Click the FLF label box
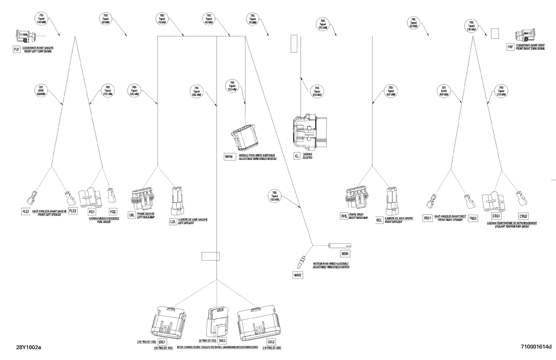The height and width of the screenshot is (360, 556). pyautogui.click(x=16, y=49)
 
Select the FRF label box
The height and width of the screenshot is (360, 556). pyautogui.click(x=510, y=47)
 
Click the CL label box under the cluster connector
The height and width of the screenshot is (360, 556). pyautogui.click(x=297, y=156)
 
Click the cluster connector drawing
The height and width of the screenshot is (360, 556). pyautogui.click(x=310, y=131)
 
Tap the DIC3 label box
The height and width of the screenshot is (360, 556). pyautogui.click(x=222, y=340)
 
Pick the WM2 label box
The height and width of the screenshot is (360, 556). pyautogui.click(x=298, y=275)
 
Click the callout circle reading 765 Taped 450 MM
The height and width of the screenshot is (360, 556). pyautogui.click(x=196, y=91)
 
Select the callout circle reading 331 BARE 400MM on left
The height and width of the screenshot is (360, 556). pyautogui.click(x=41, y=90)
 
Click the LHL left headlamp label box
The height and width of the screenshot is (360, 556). pyautogui.click(x=132, y=215)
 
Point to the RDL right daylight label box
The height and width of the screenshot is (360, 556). pyautogui.click(x=379, y=220)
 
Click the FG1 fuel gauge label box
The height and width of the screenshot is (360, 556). pyautogui.click(x=92, y=212)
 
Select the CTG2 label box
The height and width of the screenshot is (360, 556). pyautogui.click(x=523, y=217)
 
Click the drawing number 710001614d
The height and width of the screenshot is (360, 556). pyautogui.click(x=536, y=347)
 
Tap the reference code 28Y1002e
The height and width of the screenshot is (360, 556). pyautogui.click(x=29, y=347)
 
